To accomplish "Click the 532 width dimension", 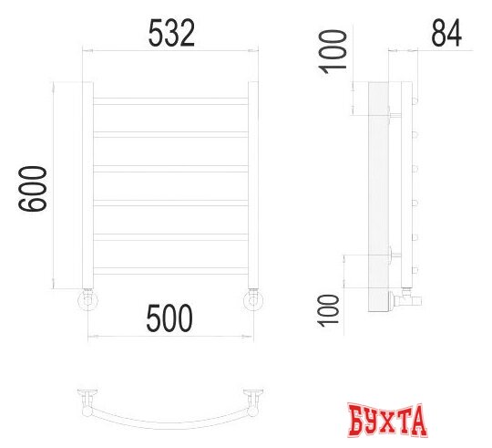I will pyautogui.click(x=171, y=34).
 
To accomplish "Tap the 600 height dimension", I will pyautogui.click(x=34, y=189).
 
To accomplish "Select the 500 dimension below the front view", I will pyautogui.click(x=170, y=318).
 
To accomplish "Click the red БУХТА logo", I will pyautogui.click(x=388, y=421).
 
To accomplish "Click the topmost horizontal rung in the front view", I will pyautogui.click(x=171, y=99).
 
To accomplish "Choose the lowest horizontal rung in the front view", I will pyautogui.click(x=171, y=270).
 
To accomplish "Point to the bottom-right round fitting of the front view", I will pyautogui.click(x=254, y=299).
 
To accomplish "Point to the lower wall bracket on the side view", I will pyautogui.click(x=394, y=255).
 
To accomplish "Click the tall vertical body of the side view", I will pyautogui.click(x=379, y=192).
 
